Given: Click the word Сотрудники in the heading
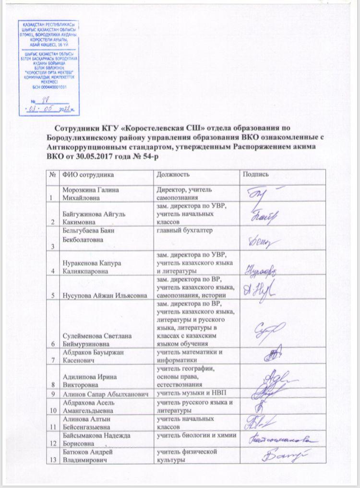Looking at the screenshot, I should [76, 129].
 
